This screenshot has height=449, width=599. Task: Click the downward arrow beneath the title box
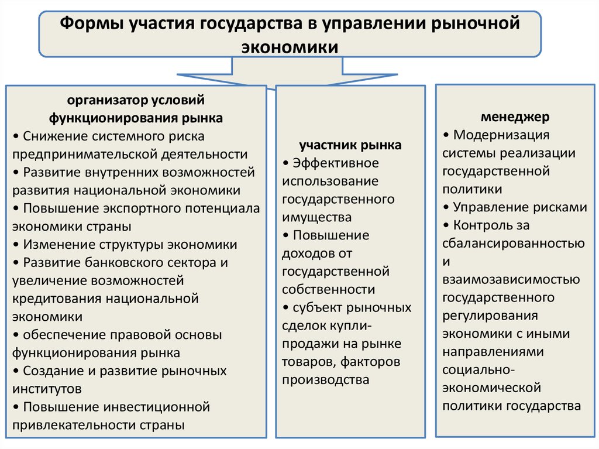pyautogui.click(x=287, y=73)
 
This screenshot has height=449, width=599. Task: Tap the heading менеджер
pyautogui.click(x=515, y=116)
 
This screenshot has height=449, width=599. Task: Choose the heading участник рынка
pyautogui.click(x=350, y=145)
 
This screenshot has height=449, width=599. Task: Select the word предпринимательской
pyautogui.click(x=84, y=154)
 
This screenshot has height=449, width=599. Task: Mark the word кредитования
pyautogui.click(x=57, y=299)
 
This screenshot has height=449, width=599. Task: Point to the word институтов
pyautogui.click(x=47, y=389)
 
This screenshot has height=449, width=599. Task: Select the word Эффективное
pyautogui.click(x=336, y=163)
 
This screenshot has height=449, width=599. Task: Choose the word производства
pyautogui.click(x=325, y=380)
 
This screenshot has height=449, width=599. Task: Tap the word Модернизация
pyautogui.click(x=501, y=135)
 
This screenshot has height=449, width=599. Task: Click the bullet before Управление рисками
pyautogui.click(x=446, y=207)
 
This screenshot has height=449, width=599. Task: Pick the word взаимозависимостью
pyautogui.click(x=511, y=280)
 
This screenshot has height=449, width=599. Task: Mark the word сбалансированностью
pyautogui.click(x=514, y=244)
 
